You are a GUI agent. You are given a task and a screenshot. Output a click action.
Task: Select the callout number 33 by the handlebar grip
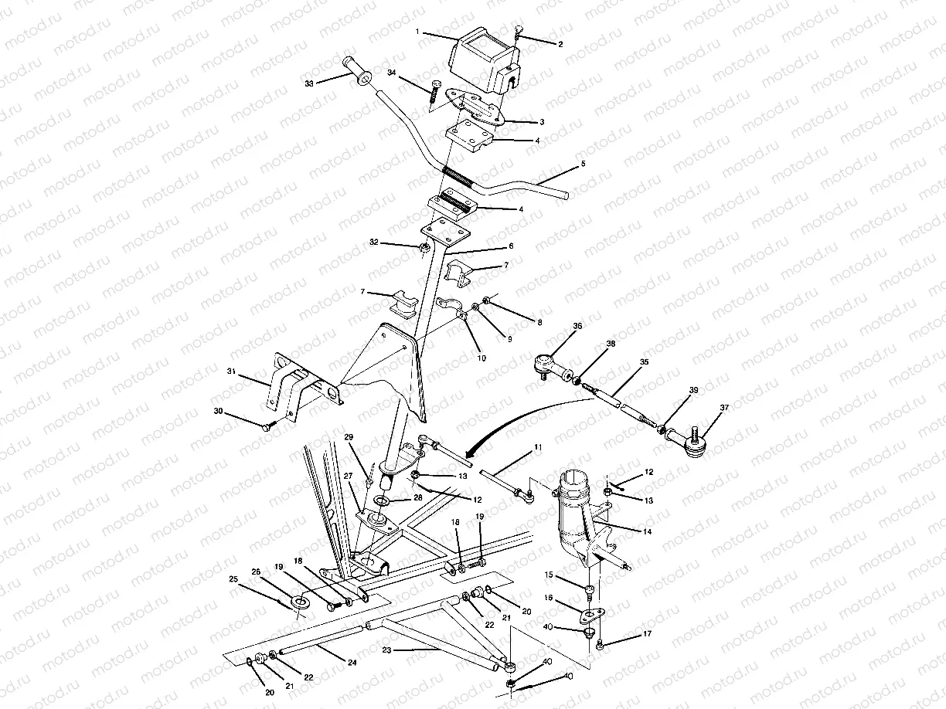[x=309, y=83]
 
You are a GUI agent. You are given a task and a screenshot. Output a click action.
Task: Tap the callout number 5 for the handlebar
[x=583, y=165]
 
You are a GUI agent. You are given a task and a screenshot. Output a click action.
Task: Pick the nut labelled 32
[x=424, y=248]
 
